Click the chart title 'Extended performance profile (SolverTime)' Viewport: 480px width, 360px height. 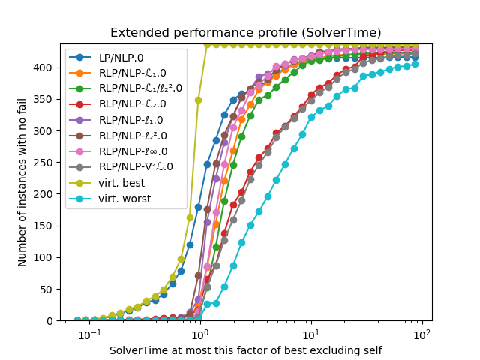click(245, 33)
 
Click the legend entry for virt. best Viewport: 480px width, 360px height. click(122, 182)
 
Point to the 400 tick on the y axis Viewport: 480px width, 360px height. click(46, 67)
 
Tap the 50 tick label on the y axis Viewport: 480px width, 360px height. click(49, 289)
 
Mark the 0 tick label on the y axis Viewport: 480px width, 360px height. click(52, 320)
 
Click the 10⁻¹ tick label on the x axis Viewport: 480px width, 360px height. click(89, 334)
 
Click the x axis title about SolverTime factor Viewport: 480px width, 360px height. click(245, 350)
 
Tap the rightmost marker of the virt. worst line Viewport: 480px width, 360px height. click(415, 64)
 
